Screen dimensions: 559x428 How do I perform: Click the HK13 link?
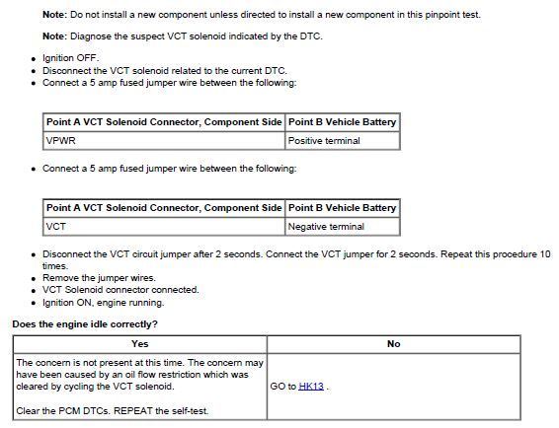coord(311,386)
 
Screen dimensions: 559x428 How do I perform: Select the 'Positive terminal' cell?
coord(324,141)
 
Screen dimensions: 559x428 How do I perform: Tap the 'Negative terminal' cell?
coord(326,227)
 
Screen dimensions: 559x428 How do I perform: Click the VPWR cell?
coord(59,141)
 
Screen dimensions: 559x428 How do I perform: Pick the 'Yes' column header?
coord(139,344)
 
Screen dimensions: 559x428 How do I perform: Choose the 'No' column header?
coord(393,344)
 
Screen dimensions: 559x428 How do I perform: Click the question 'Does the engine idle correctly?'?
coord(85,324)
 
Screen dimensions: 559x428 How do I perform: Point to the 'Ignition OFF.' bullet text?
coord(71,58)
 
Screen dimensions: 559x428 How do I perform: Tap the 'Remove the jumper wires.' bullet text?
coord(99,278)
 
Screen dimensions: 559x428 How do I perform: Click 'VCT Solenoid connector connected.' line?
coord(120,290)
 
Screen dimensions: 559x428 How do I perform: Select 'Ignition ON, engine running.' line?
coord(103,303)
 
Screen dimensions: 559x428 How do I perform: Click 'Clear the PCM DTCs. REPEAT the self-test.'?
coord(113,410)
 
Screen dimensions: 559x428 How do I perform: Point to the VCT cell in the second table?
coord(55,227)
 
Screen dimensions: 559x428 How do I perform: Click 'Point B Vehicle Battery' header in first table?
coord(342,122)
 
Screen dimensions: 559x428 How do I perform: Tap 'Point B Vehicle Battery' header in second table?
coord(342,208)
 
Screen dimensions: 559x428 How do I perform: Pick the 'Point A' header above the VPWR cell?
coord(163,122)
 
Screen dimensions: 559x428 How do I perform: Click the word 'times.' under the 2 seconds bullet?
coord(55,266)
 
